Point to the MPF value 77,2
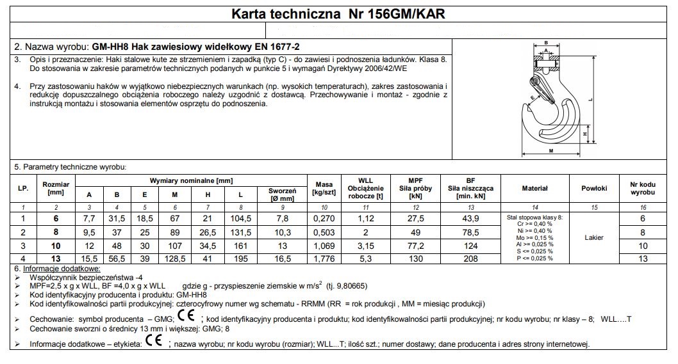415,244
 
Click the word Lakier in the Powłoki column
594,237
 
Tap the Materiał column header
534,188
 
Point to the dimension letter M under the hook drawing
551,151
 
